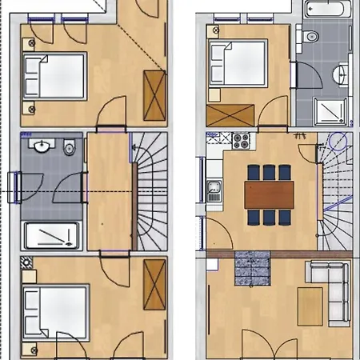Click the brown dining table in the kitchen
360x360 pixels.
point(266,194)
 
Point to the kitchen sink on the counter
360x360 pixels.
point(214,190)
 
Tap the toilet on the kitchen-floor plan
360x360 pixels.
point(311,37)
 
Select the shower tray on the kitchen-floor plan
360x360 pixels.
point(333,110)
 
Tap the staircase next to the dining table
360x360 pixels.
point(336,192)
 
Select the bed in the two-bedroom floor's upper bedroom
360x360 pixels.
point(54,75)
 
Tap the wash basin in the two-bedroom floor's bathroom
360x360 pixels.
point(42,147)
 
